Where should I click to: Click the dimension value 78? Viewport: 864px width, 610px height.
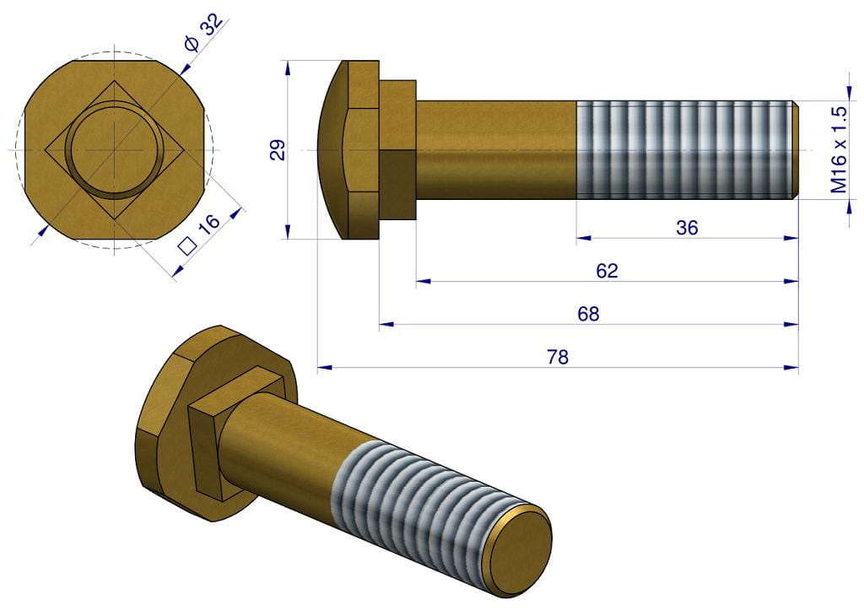558,357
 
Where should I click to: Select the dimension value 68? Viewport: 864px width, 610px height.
588,314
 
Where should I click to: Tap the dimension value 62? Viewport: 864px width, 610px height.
607,271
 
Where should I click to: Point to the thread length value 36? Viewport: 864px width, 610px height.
687,228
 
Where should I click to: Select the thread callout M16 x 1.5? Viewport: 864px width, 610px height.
838,150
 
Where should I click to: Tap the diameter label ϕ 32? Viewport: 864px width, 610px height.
203,33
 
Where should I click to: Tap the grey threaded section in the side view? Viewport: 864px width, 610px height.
685,150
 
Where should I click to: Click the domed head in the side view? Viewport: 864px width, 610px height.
336,150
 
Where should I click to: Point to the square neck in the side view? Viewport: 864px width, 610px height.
397,150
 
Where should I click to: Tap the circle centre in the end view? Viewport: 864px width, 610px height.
113,150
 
